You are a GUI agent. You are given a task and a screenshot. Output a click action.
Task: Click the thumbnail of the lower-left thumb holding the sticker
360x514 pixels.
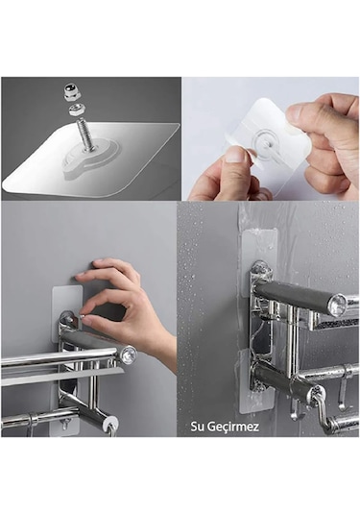(x=234, y=155)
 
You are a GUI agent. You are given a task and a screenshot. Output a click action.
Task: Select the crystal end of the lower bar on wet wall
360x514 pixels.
(x=316, y=393)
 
